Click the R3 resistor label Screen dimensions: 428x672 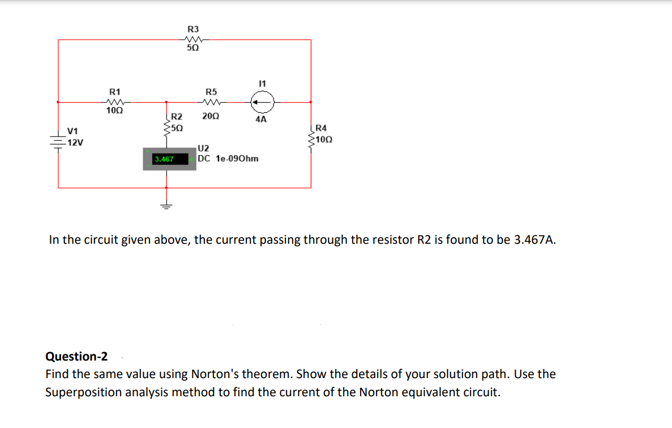click(193, 29)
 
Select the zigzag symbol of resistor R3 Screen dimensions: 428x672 click(193, 40)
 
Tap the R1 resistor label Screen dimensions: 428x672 click(115, 91)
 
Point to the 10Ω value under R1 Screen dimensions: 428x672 click(114, 111)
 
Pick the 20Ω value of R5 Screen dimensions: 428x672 click(211, 116)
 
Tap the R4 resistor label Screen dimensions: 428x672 click(321, 128)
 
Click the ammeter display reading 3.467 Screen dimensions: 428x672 click(164, 159)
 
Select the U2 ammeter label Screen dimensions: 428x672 click(203, 149)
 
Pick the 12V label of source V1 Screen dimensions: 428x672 click(75, 143)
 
